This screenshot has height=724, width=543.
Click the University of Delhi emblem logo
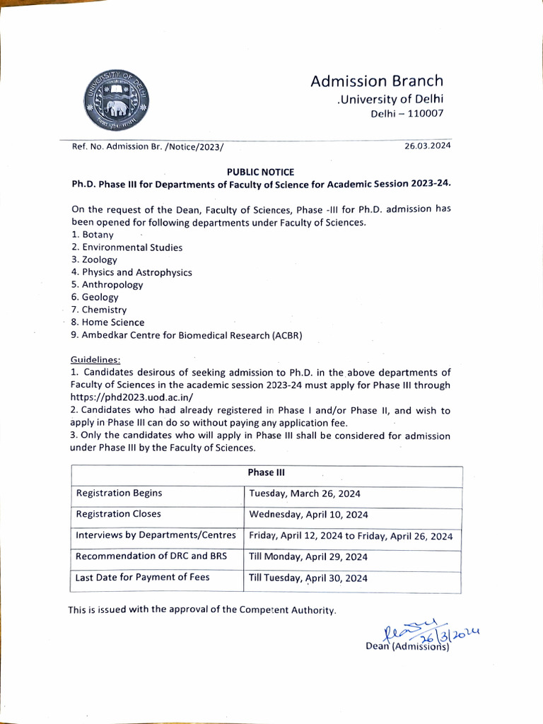tap(114, 105)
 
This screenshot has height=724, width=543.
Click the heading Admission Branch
tap(377, 81)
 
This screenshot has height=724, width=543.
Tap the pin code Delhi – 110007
tap(407, 114)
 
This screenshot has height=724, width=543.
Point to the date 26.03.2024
tap(427, 146)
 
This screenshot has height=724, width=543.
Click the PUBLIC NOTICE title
tap(260, 172)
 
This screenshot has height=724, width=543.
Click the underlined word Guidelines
tap(95, 360)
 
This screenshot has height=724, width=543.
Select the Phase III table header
tap(266, 472)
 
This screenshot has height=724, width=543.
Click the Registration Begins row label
tap(119, 493)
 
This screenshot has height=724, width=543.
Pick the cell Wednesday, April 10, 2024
tap(308, 515)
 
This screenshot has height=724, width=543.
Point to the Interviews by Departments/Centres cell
tap(156, 535)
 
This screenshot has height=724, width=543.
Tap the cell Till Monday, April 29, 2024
tap(308, 557)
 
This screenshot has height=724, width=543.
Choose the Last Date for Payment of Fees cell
tap(143, 578)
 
